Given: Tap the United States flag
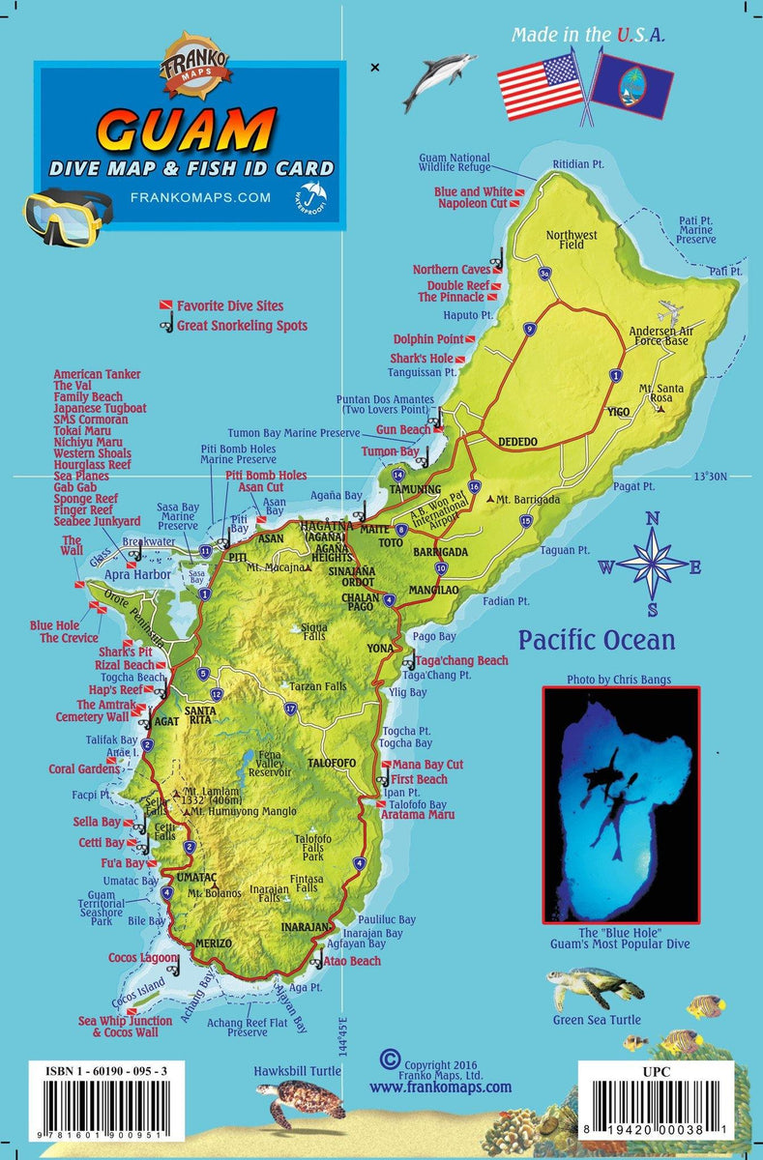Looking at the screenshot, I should coord(541,85).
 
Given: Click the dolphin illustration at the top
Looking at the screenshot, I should coord(439,81).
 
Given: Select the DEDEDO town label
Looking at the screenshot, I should coord(517,442).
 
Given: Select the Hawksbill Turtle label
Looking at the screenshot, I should coord(297,1071).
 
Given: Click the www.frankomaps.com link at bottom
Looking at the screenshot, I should coord(440,1087).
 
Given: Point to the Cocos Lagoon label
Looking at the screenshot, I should coord(143,958).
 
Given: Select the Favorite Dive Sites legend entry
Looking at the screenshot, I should coord(230,305).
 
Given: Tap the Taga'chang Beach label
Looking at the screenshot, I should coord(461,660).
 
